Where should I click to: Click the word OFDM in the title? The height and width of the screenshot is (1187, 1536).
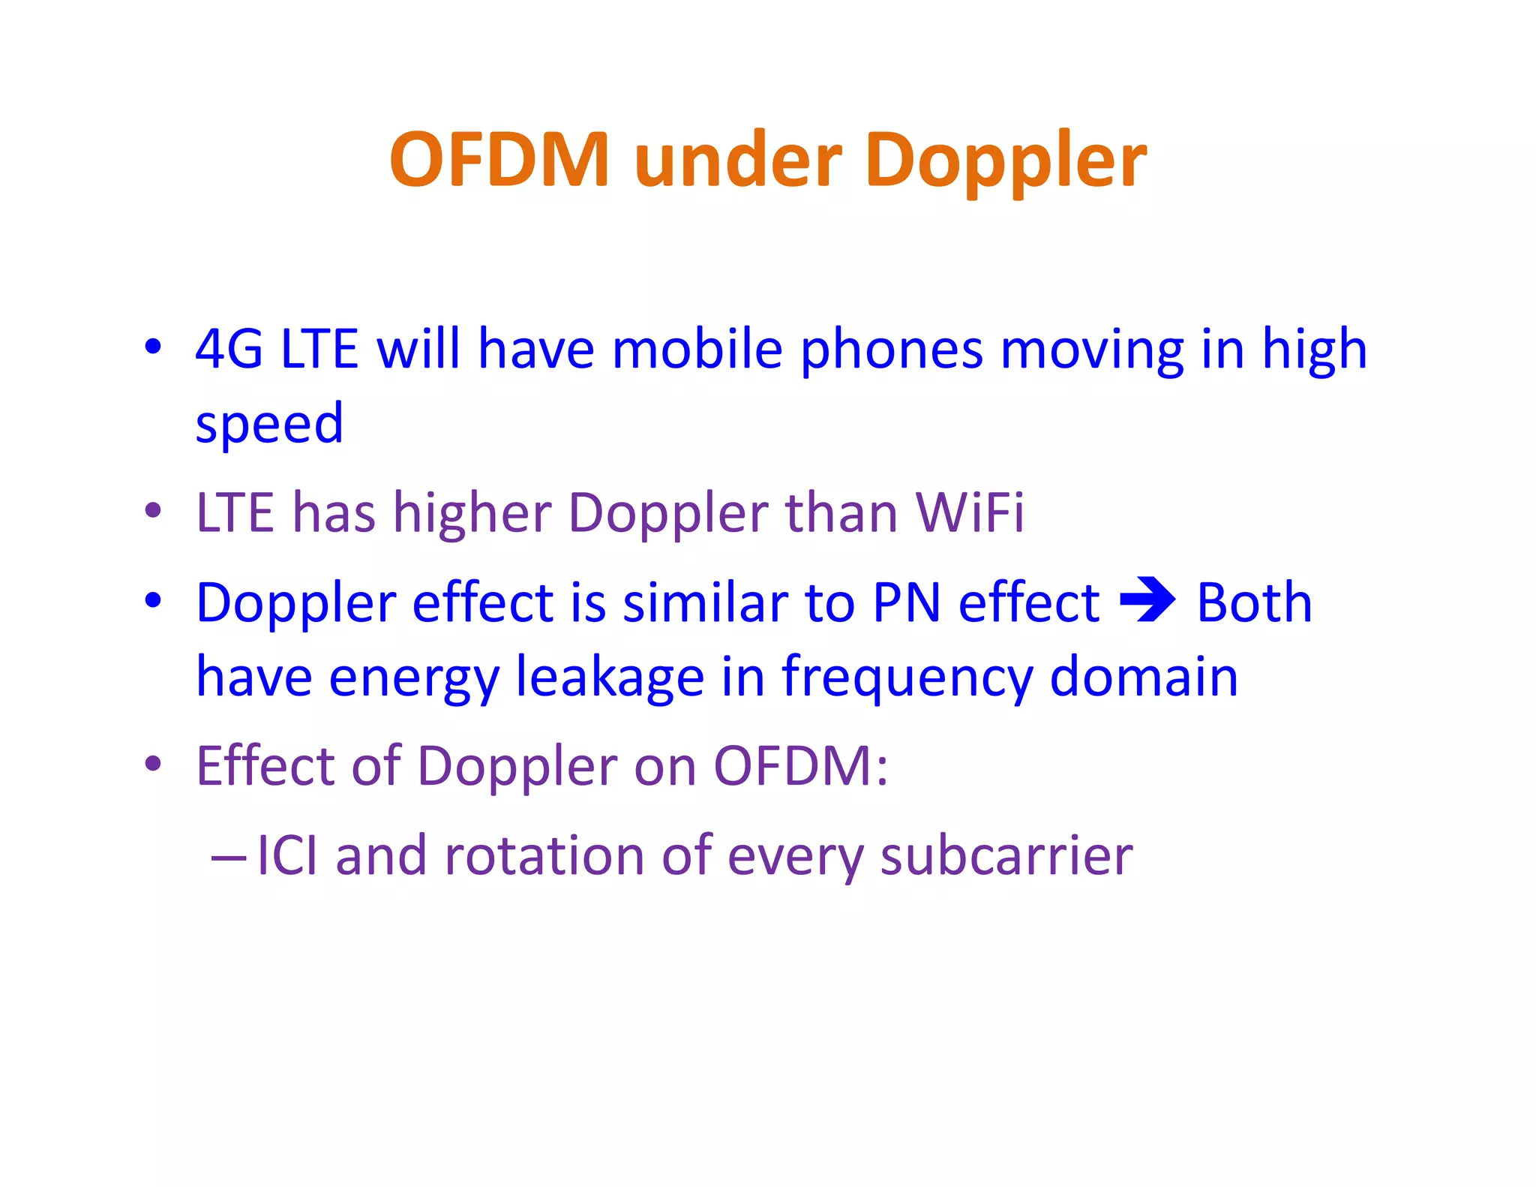[x=499, y=160]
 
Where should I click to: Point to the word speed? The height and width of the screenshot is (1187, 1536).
[x=269, y=425]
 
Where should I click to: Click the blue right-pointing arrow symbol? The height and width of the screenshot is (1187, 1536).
[x=1147, y=600]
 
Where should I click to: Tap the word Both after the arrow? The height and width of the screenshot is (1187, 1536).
[x=1254, y=603]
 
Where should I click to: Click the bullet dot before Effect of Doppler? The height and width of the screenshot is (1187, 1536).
[x=153, y=764]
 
